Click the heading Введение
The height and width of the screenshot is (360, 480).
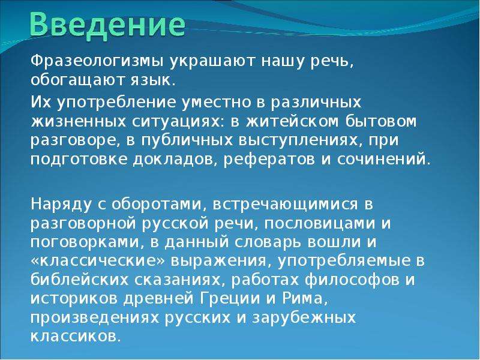108,25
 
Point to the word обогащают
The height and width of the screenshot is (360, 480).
77,80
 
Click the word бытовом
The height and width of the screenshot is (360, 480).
381,121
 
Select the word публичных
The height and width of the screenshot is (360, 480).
188,141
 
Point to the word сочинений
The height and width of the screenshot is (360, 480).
384,160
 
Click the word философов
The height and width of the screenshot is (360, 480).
352,280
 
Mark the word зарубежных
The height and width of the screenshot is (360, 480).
304,317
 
